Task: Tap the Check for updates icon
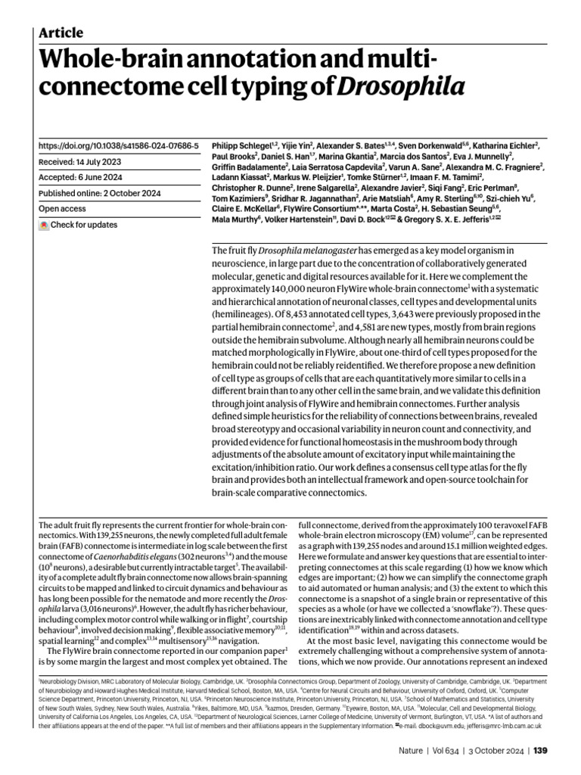[x=44, y=225]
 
